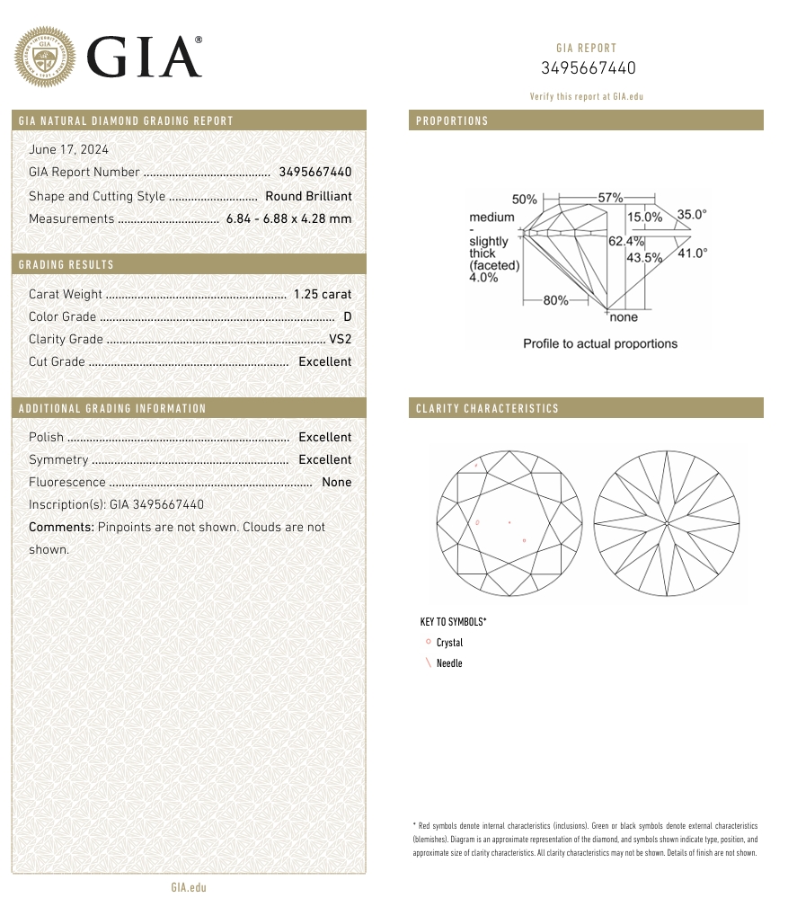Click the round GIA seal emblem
point(45,58)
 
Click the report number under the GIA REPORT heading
point(588,68)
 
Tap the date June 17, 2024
point(68,149)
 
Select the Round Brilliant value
point(308,196)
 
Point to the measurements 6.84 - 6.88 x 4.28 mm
point(288,218)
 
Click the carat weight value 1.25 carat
point(323,294)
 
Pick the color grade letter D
point(347,316)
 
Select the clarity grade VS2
point(340,339)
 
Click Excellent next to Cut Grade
point(324,361)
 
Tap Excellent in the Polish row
point(324,437)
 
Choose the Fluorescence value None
point(336,482)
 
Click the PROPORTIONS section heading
point(452,120)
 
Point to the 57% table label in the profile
point(610,197)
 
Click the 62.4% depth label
point(626,241)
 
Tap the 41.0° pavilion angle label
point(692,253)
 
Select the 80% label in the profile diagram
point(555,300)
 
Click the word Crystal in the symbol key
point(449,643)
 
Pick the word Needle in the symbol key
point(449,663)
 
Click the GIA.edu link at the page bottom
point(189,887)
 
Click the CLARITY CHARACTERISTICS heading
point(487,408)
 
